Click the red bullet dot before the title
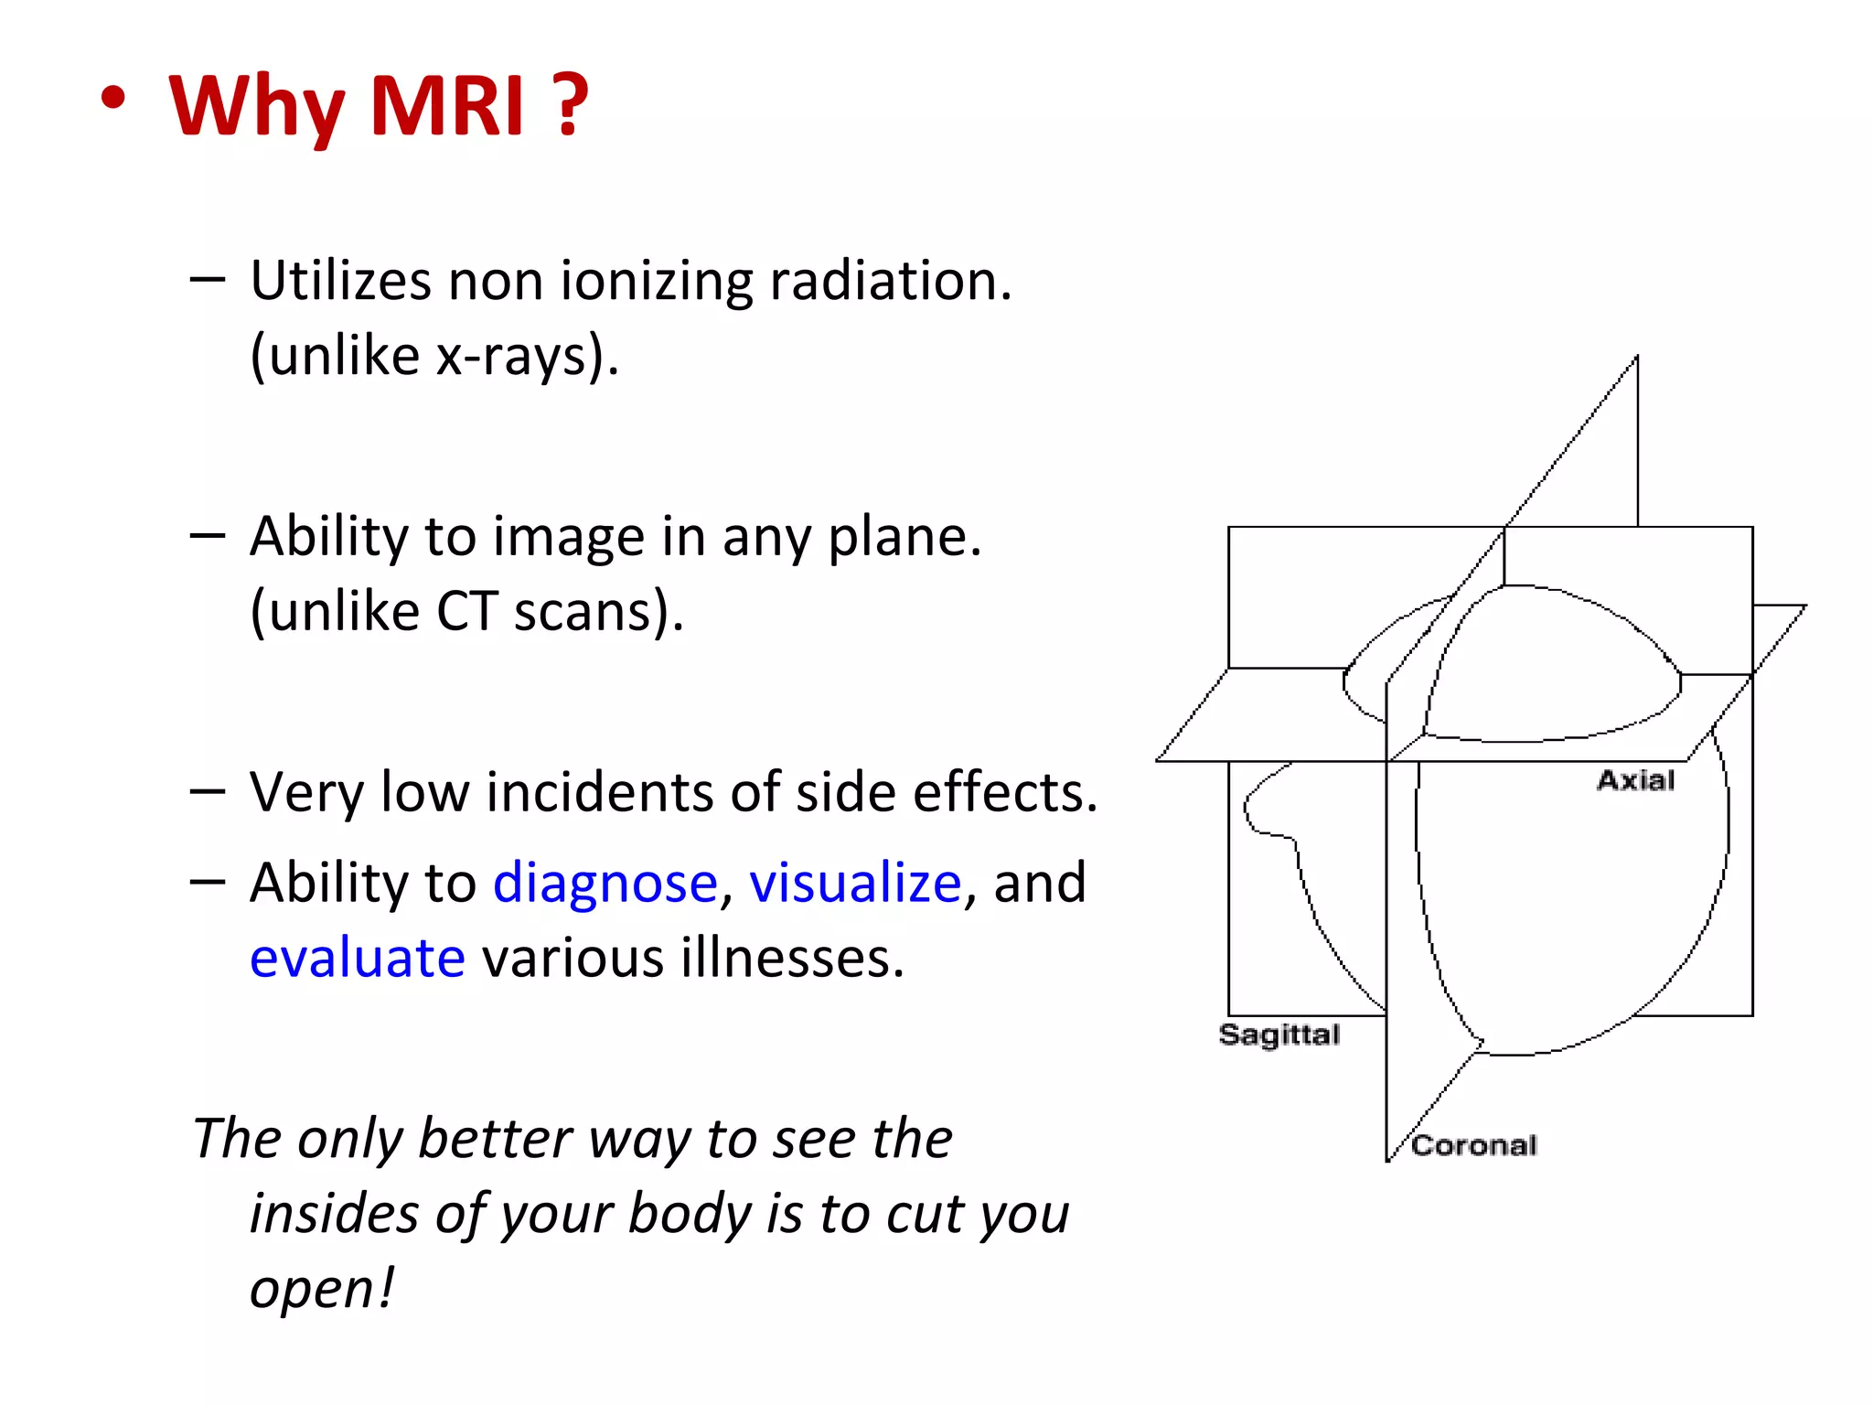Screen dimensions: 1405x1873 pos(112,100)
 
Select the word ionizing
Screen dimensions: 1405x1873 pos(655,281)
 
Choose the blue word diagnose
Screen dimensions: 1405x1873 pos(605,884)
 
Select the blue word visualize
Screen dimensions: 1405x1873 pos(855,884)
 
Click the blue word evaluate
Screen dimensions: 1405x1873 pos(358,959)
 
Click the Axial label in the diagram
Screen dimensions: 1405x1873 pos(1635,780)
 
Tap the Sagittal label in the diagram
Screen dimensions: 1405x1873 pos(1279,1035)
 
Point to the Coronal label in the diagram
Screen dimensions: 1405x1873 pos(1473,1145)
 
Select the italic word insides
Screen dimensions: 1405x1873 pos(334,1214)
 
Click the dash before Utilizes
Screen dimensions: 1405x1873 pos(207,279)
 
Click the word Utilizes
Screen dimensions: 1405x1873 pos(340,281)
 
